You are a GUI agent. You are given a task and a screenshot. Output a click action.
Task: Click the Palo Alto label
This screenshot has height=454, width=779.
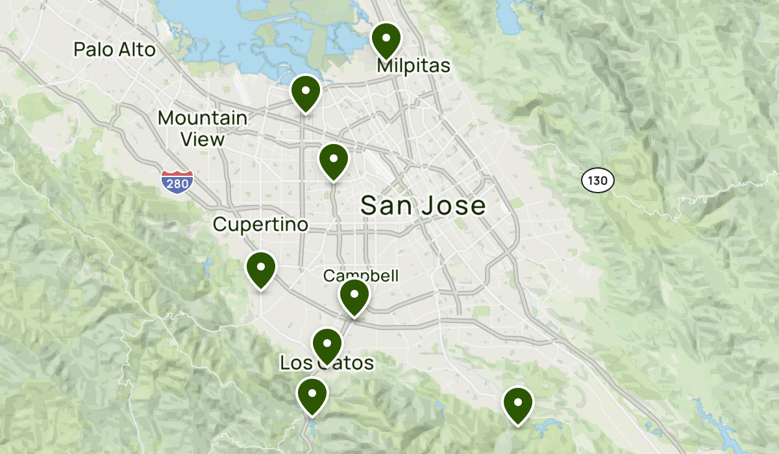(114, 49)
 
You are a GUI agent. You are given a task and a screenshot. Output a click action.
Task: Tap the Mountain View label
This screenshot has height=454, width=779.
(203, 128)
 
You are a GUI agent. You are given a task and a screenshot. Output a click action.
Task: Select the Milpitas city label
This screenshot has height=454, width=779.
(414, 66)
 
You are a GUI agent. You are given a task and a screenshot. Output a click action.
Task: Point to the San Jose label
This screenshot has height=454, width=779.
(423, 206)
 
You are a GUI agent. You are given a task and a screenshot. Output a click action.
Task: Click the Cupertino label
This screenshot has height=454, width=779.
(260, 224)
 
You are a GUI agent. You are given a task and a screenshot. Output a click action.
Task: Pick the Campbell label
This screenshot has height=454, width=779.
(361, 276)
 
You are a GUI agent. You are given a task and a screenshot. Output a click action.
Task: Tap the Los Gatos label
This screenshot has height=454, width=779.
(327, 363)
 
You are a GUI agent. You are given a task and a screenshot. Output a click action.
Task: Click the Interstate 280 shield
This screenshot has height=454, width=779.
(177, 182)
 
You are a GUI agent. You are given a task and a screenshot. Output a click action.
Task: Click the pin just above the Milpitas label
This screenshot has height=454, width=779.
(386, 39)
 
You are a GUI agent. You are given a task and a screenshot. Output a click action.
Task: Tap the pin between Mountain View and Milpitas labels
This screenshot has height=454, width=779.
(306, 92)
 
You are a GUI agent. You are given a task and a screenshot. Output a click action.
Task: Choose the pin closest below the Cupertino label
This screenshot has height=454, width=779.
(260, 269)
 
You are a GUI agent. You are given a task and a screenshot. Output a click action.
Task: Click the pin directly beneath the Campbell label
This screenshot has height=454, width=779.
(354, 296)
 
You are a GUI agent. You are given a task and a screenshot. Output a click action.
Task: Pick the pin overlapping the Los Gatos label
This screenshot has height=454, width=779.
(327, 345)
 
